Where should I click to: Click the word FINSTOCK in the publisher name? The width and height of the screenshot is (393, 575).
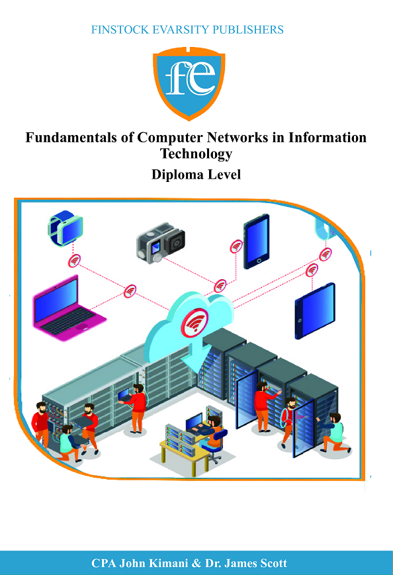pyautogui.click(x=120, y=30)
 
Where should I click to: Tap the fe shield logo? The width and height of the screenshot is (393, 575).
pyautogui.click(x=189, y=83)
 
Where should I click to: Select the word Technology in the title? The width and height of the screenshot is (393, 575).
pyautogui.click(x=196, y=154)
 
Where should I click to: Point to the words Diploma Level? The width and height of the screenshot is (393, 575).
pyautogui.click(x=196, y=175)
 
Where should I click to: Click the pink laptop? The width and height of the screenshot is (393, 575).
pyautogui.click(x=69, y=309)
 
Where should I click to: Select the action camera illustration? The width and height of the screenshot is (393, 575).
pyautogui.click(x=161, y=243)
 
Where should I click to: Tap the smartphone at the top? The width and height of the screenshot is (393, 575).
pyautogui.click(x=257, y=242)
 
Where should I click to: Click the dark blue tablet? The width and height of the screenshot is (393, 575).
pyautogui.click(x=315, y=310)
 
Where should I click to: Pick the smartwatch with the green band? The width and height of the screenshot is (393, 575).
pyautogui.click(x=65, y=228)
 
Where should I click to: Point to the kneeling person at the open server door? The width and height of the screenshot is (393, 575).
pyautogui.click(x=334, y=433)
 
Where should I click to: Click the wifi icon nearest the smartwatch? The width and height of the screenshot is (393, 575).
pyautogui.click(x=74, y=261)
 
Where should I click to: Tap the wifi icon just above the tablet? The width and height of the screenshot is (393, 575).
pyautogui.click(x=312, y=271)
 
